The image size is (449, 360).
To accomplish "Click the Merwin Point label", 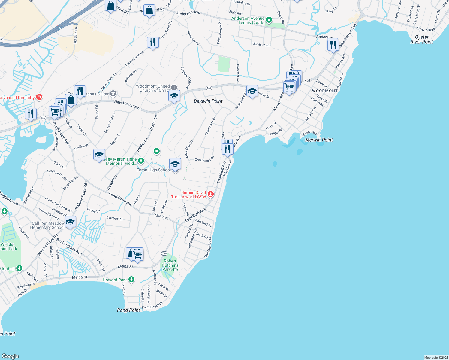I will pyautogui.click(x=319, y=140).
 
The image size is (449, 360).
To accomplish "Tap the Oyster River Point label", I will pyautogui.click(x=422, y=39).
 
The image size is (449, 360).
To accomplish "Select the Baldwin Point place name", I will pyautogui.click(x=208, y=101).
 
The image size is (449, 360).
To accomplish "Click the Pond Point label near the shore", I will pyautogui.click(x=128, y=310).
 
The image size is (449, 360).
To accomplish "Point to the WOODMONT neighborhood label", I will pyautogui.click(x=325, y=91).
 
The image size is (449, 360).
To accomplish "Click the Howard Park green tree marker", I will pyautogui.click(x=131, y=280).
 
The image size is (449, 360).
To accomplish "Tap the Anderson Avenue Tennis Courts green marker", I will pyautogui.click(x=269, y=20).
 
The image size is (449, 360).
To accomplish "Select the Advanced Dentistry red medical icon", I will pyautogui.click(x=39, y=97).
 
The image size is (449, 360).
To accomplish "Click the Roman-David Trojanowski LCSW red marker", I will pyautogui.click(x=211, y=194).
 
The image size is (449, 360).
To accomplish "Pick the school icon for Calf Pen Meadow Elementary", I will pyautogui.click(x=70, y=222).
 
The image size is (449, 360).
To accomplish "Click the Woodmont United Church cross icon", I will pyautogui.click(x=174, y=88).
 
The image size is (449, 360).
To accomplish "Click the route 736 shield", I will pyautogui.click(x=164, y=253).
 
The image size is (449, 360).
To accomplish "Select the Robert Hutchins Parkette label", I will pyautogui.click(x=170, y=265).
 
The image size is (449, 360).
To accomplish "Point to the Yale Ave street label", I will pyautogui.click(x=161, y=216).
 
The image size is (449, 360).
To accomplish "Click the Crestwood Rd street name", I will pyautogui.click(x=204, y=159).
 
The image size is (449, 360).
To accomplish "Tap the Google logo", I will pyautogui.click(x=10, y=356).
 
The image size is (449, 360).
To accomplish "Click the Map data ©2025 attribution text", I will pyautogui.click(x=436, y=358).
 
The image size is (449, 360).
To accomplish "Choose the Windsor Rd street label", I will pyautogui.click(x=261, y=44).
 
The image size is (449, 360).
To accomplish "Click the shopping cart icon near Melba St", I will pyautogui.click(x=137, y=254).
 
